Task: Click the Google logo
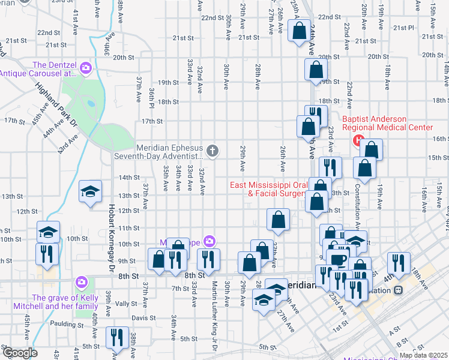[19, 353]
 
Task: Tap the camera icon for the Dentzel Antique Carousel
[85, 68]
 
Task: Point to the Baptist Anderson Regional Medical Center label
[387, 123]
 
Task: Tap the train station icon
[397, 290]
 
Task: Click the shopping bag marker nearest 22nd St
[300, 31]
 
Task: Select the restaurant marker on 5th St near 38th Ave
[115, 337]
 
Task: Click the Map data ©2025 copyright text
[423, 355]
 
